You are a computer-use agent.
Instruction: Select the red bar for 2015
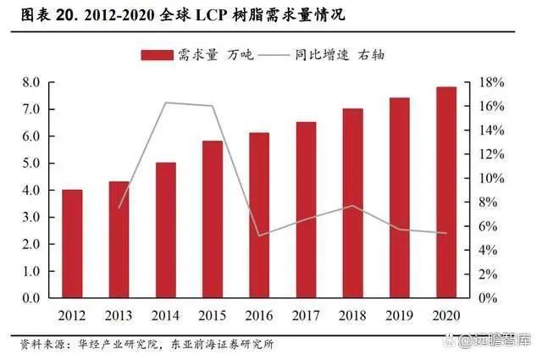coord(213,219)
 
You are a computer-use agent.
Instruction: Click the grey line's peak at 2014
coord(165,102)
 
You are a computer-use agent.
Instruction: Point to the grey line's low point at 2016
coord(259,235)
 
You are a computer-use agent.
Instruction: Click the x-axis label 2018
coord(352,315)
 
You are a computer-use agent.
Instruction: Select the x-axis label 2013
coord(119,315)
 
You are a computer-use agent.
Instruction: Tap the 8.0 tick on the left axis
coord(31,82)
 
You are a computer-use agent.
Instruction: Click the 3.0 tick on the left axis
coord(31,218)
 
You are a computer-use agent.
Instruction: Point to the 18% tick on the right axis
coord(492,82)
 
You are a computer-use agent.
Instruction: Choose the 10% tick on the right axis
coord(492,179)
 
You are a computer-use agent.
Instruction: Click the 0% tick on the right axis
coord(489,299)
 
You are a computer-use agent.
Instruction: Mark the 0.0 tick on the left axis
coord(31,299)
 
